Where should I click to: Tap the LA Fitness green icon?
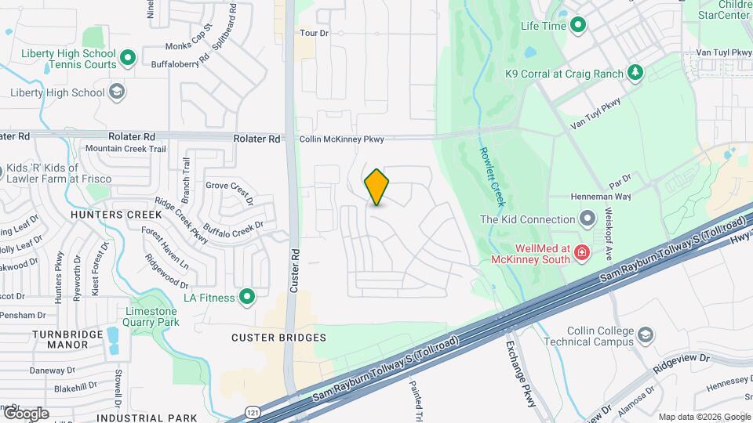point(247,297)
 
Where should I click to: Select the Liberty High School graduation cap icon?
point(117,92)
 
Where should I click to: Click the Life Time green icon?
point(579,26)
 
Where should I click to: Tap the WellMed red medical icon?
point(581,252)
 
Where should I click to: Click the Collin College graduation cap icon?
point(645,335)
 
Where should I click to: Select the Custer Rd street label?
point(296,271)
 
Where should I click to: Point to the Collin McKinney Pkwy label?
point(342,139)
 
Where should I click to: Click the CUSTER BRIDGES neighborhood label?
point(278,338)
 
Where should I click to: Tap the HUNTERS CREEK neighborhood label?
point(107,214)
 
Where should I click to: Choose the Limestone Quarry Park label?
point(152,316)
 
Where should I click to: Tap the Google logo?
point(26,413)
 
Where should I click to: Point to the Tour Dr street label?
point(314,33)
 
